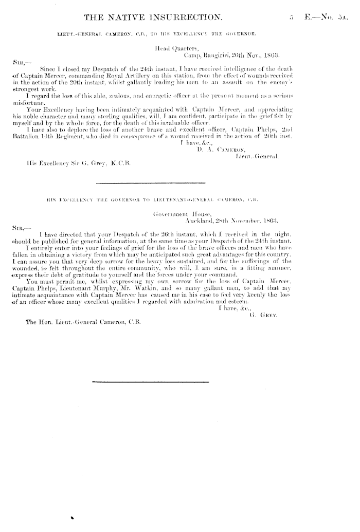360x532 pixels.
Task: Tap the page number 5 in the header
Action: point(291,19)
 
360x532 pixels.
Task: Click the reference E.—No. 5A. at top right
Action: point(327,19)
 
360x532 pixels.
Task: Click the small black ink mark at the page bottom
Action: point(73,518)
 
